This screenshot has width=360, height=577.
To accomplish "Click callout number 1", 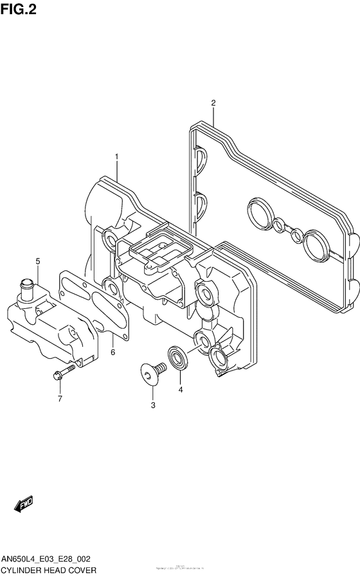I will (x=117, y=156).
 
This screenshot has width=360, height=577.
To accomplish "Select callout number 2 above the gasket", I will (x=213, y=102).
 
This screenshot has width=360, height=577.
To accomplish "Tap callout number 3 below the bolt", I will (x=153, y=405).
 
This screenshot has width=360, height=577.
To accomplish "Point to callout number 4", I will (x=181, y=389).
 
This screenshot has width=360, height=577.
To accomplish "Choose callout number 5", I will (x=38, y=261).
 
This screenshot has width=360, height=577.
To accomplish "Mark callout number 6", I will (x=112, y=352).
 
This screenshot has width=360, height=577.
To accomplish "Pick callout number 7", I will (x=60, y=399).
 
